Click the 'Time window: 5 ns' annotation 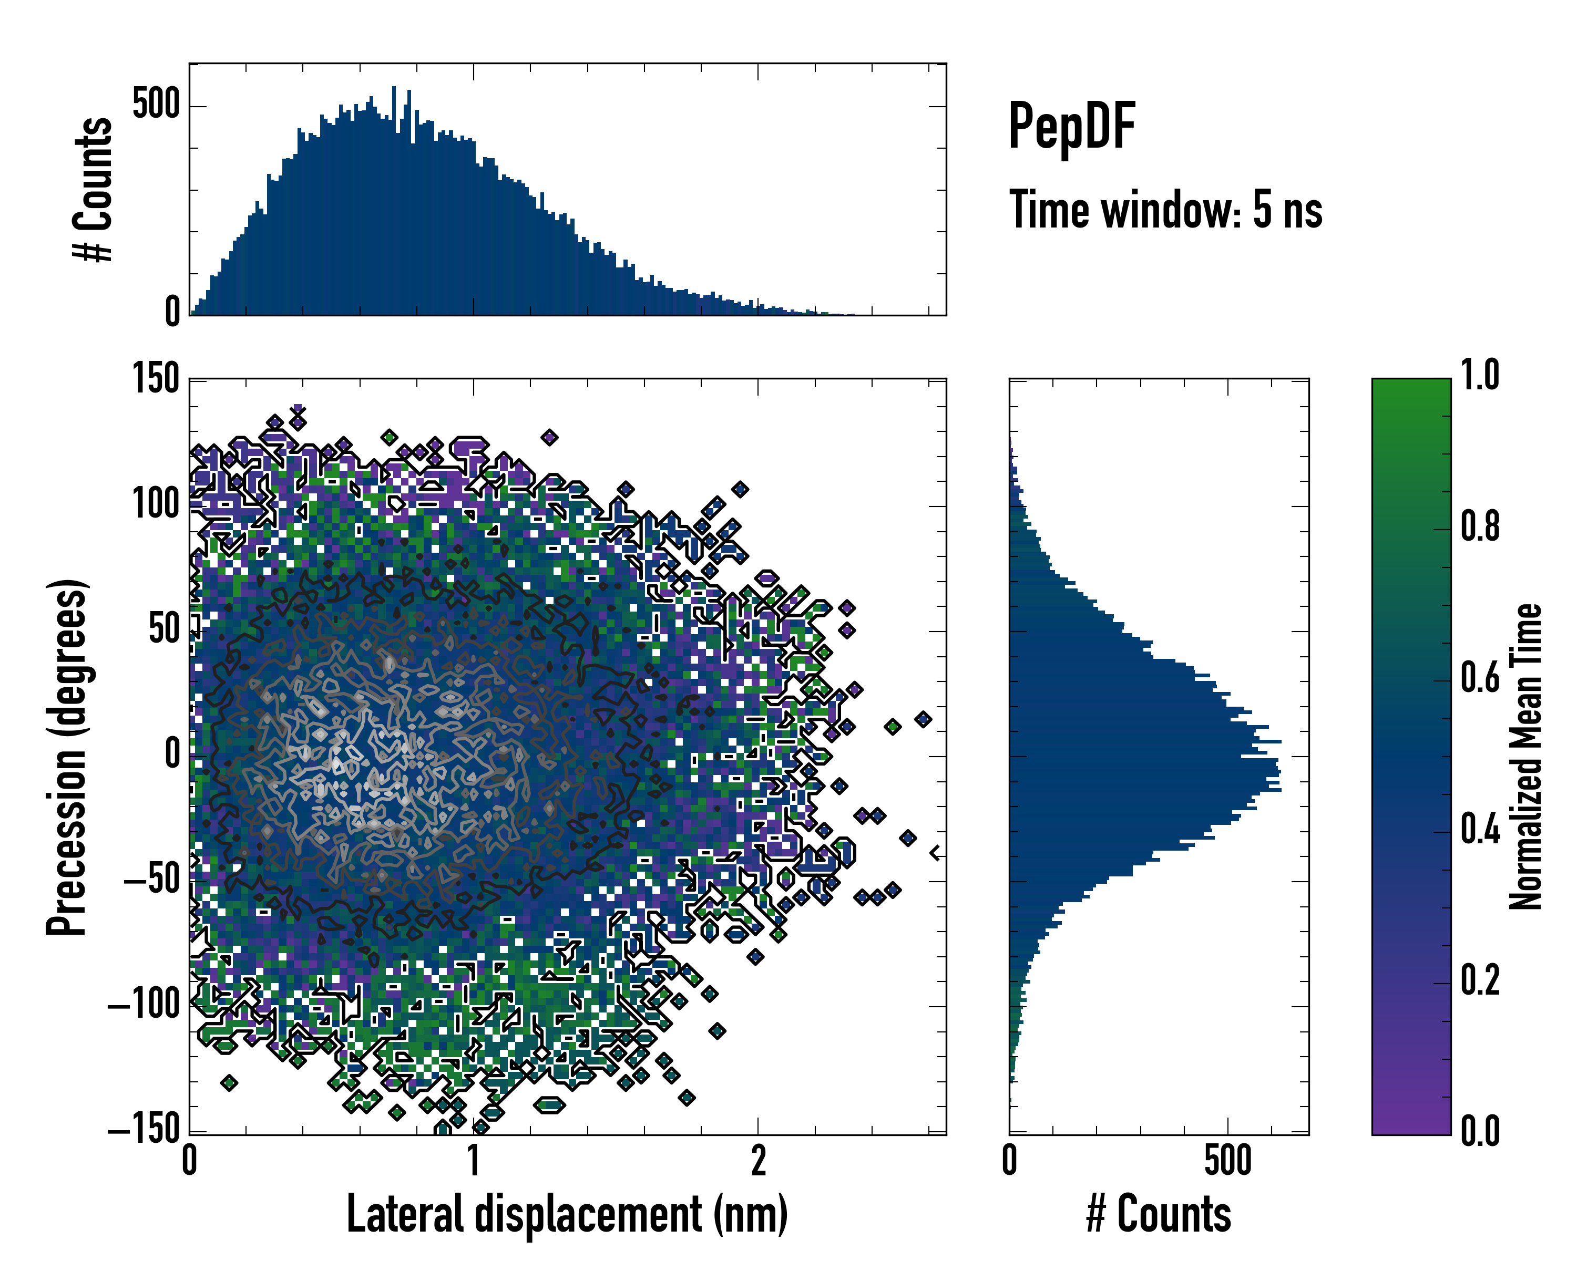click(1166, 210)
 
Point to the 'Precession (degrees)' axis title click(67, 757)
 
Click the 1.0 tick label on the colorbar click(1480, 375)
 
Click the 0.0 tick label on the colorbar click(1480, 1131)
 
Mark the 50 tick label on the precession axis click(164, 629)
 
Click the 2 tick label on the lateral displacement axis click(759, 1161)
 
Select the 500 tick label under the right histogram click(1227, 1161)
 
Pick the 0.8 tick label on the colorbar click(1480, 526)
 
